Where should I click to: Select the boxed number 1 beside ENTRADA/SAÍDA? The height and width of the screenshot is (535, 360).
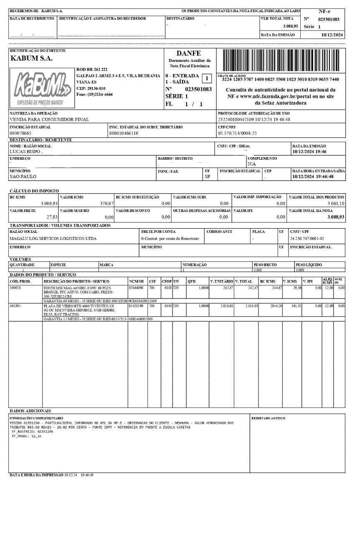pyautogui.click(x=206, y=78)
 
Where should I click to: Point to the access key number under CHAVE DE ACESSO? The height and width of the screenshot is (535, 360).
pyautogui.click(x=280, y=79)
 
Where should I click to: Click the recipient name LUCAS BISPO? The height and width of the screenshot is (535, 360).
pyautogui.click(x=26, y=152)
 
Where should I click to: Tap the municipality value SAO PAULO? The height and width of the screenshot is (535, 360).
pyautogui.click(x=23, y=176)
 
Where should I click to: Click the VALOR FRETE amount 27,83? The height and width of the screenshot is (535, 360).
pyautogui.click(x=52, y=217)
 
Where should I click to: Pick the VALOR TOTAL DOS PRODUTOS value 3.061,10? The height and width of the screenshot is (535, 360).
pyautogui.click(x=336, y=204)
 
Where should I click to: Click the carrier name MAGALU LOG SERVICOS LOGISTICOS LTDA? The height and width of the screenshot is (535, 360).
pyautogui.click(x=53, y=239)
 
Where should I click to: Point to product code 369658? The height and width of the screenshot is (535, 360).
pyautogui.click(x=15, y=288)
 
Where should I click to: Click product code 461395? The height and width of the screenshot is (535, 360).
pyautogui.click(x=15, y=306)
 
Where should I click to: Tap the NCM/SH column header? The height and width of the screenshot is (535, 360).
pyautogui.click(x=136, y=281)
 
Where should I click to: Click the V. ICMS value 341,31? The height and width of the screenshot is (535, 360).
pyautogui.click(x=296, y=306)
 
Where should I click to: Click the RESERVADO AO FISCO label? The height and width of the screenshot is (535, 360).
pyautogui.click(x=268, y=418)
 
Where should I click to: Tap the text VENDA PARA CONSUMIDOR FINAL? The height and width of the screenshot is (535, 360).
pyautogui.click(x=49, y=120)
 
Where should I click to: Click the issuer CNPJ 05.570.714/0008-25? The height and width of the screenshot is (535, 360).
pyautogui.click(x=237, y=133)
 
